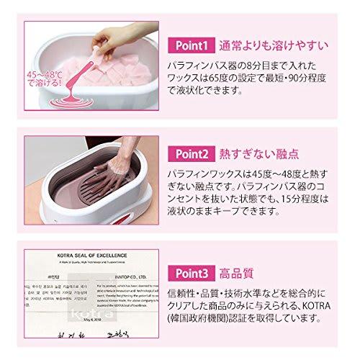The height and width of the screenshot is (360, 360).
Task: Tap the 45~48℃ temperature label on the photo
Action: [45, 79]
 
